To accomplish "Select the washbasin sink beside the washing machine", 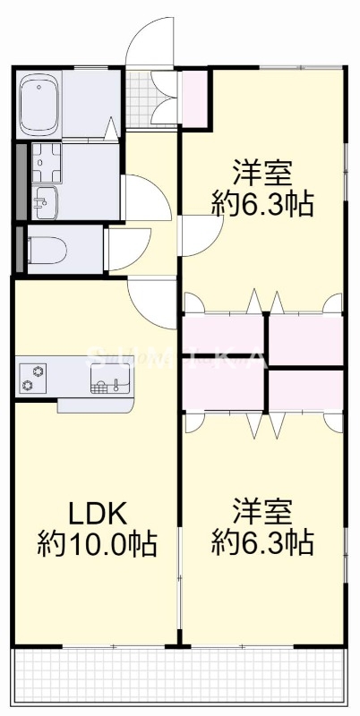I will [43, 201].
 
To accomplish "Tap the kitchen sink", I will [109, 380].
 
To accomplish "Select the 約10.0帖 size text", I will [97, 543].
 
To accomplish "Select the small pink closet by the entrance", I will [194, 98].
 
